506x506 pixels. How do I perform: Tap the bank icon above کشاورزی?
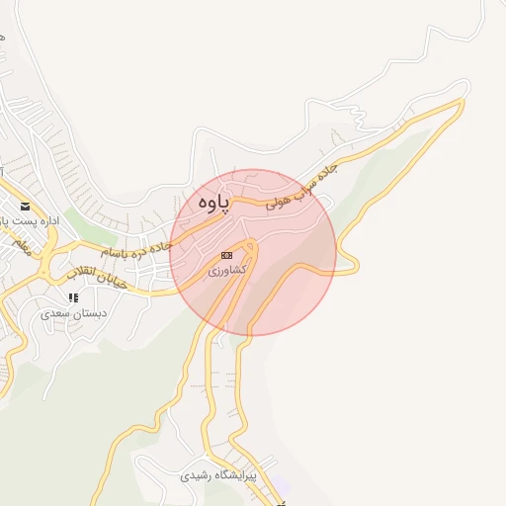click(227, 254)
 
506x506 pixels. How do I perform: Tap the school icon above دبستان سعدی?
click(72, 296)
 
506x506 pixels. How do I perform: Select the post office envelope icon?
click(24, 208)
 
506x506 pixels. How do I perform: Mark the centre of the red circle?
click(253, 252)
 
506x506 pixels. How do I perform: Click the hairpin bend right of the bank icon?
click(252, 246)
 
